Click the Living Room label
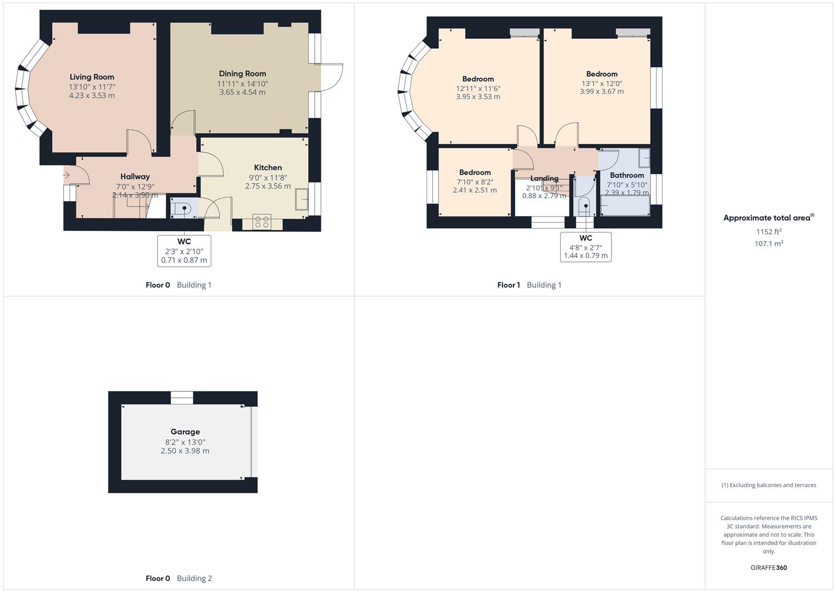(x=92, y=77)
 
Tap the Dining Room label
(x=243, y=74)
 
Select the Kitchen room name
(x=268, y=168)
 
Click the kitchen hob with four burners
(x=262, y=222)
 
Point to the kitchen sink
(x=301, y=199)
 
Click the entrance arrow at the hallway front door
(x=66, y=175)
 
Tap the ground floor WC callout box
(x=184, y=251)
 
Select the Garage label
(x=185, y=432)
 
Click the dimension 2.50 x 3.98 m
(x=185, y=451)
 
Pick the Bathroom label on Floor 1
(x=627, y=175)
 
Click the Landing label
(x=544, y=179)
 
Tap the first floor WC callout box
(x=586, y=247)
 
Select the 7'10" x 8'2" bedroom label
(x=475, y=182)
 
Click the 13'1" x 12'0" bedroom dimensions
(x=602, y=84)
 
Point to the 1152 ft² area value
(x=769, y=232)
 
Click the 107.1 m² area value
(x=769, y=244)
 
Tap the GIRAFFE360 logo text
(x=769, y=568)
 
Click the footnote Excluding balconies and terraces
(x=769, y=485)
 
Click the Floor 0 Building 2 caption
(x=178, y=578)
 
